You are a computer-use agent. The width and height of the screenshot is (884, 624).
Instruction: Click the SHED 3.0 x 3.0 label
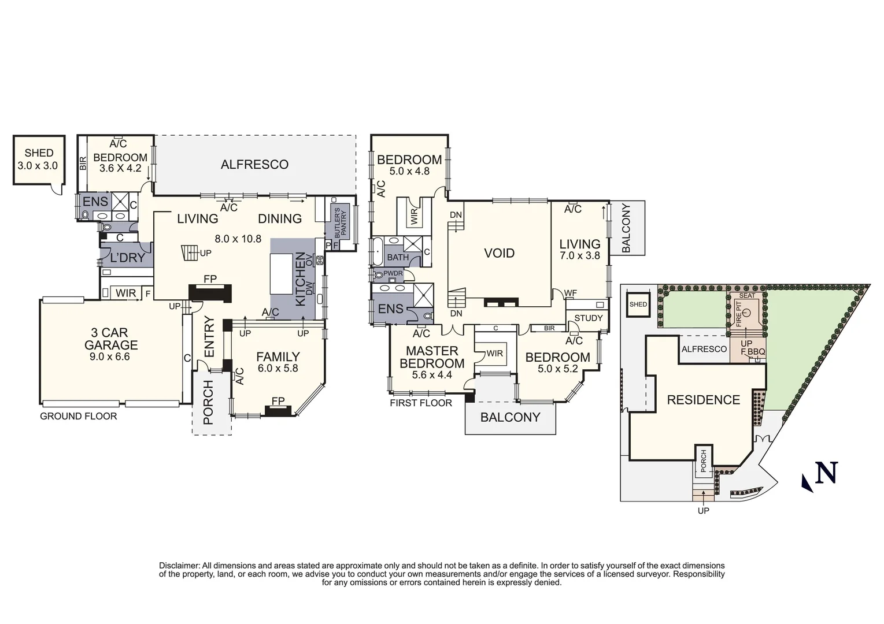pos(39,159)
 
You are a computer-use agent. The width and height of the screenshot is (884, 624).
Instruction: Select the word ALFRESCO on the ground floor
pos(254,165)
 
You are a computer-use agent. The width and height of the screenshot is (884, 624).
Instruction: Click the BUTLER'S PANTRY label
pos(339,223)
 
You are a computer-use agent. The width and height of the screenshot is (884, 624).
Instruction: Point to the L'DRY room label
pos(127,258)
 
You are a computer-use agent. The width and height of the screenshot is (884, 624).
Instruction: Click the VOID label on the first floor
pos(499,253)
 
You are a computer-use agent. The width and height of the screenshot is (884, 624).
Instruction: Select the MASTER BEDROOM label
pos(432,357)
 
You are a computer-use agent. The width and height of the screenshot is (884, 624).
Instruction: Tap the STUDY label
pos(588,318)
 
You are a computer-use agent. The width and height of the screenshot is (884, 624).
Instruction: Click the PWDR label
pos(393,274)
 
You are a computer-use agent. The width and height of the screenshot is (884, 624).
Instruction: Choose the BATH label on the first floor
pos(398,258)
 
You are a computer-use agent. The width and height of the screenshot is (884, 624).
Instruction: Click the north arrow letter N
pos(826,473)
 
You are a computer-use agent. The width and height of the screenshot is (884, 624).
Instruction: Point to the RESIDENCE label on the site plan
pos(703,400)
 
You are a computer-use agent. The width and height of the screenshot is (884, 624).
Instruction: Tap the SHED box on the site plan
pos(638,304)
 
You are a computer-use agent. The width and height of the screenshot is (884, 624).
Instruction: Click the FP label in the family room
pos(278,401)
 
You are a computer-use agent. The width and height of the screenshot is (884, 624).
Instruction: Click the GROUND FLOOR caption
pos(78,417)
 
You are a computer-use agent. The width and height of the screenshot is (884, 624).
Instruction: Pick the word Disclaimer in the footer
pos(179,566)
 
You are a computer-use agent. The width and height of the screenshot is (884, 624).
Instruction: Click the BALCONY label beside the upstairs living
pos(626,228)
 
